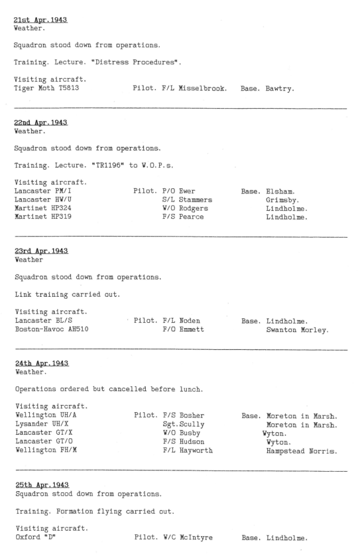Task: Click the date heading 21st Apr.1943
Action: coord(40,21)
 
